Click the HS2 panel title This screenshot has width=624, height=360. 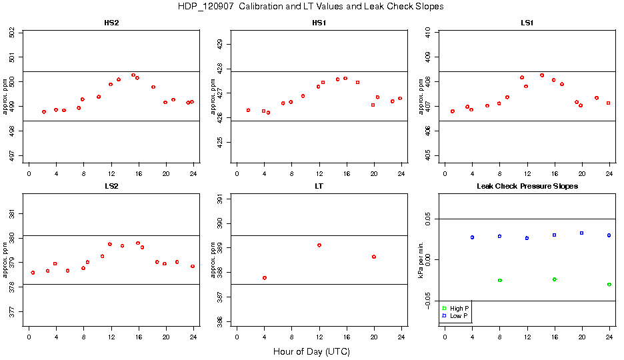click(x=111, y=23)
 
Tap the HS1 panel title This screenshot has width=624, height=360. click(x=319, y=23)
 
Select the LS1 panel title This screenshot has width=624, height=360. click(x=527, y=23)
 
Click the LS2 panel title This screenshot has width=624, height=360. click(x=111, y=186)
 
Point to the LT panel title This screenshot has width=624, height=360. click(x=319, y=186)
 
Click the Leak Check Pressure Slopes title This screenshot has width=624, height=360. click(x=527, y=186)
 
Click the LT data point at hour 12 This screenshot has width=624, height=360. click(x=319, y=245)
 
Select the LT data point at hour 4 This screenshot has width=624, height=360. click(x=265, y=278)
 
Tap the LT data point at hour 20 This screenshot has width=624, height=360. click(x=374, y=257)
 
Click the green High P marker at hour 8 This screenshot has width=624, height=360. click(x=500, y=281)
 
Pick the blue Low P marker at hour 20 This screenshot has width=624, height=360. click(x=582, y=233)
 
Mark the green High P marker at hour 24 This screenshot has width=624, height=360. click(x=609, y=285)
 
